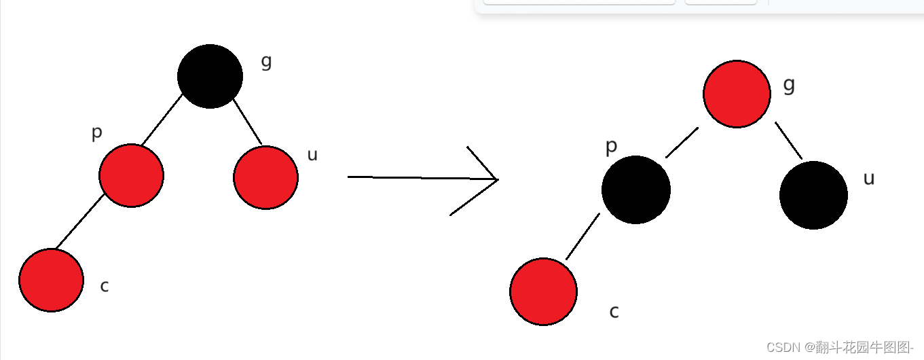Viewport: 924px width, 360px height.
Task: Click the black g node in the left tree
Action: (210, 76)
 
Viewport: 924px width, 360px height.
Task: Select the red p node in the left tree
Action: (131, 175)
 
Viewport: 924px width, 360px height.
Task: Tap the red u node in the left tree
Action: (265, 177)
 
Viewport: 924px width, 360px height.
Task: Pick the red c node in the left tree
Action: (51, 280)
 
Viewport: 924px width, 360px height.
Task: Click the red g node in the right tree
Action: (737, 94)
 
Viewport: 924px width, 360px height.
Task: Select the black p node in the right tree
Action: (636, 190)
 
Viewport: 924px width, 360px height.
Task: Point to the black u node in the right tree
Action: (813, 195)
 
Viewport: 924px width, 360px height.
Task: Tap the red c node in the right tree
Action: (543, 291)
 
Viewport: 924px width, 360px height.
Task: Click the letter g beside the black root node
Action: (266, 62)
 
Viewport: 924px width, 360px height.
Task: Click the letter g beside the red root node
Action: (789, 85)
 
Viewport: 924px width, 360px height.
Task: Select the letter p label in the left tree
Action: (97, 133)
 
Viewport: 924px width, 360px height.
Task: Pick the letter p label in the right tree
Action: (611, 147)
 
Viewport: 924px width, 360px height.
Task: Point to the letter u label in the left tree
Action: (312, 155)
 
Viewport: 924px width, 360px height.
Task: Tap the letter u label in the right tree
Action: (868, 179)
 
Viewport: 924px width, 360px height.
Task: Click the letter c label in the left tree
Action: (104, 287)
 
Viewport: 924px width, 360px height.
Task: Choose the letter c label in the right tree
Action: (614, 312)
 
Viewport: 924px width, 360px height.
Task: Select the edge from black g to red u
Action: (248, 122)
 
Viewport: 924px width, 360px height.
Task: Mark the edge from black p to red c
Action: (583, 236)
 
